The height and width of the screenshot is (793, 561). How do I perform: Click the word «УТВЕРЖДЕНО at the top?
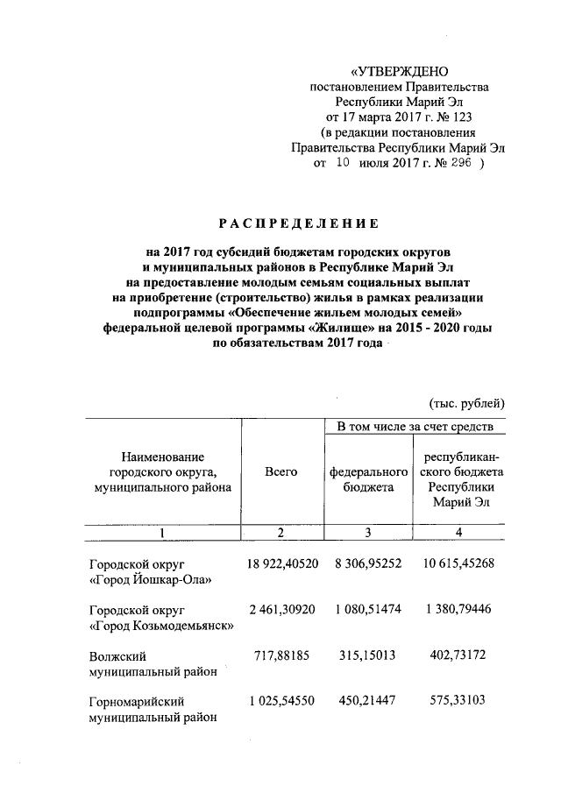400,71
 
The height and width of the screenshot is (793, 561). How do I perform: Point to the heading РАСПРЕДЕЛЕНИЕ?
299,223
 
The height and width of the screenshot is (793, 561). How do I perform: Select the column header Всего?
280,471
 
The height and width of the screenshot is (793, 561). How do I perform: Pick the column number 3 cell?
368,532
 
